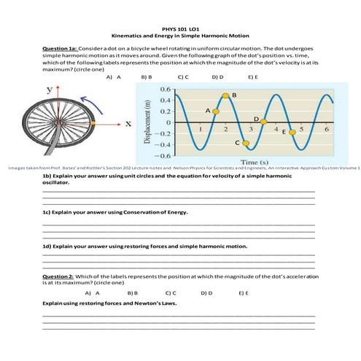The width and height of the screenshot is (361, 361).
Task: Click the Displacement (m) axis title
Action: point(148,121)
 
